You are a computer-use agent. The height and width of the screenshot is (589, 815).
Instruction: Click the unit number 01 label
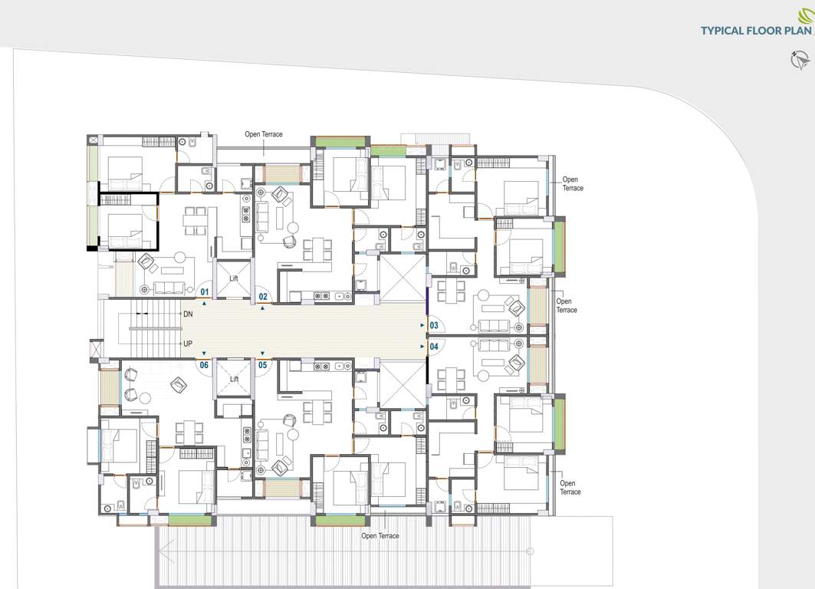[x=205, y=292]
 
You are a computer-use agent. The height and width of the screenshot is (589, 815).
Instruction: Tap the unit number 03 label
[x=434, y=326]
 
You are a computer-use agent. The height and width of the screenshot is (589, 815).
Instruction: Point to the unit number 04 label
[x=434, y=347]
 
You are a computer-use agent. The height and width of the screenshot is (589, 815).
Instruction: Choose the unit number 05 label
[x=262, y=365]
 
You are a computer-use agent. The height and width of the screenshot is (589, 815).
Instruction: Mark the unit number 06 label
[x=205, y=365]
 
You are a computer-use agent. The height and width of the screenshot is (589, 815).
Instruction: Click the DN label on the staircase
[x=187, y=314]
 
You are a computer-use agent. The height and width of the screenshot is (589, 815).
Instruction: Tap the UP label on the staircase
[x=187, y=344]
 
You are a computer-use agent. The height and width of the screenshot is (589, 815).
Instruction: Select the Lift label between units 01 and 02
[x=234, y=278]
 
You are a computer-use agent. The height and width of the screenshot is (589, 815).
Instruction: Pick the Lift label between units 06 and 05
[x=234, y=379]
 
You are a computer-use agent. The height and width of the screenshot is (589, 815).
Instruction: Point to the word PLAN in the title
[x=797, y=31]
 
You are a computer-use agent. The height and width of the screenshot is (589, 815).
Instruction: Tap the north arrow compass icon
[x=800, y=59]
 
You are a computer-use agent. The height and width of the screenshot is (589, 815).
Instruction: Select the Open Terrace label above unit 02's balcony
[x=264, y=134]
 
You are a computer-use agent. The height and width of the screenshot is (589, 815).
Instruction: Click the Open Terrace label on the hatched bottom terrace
[x=380, y=535]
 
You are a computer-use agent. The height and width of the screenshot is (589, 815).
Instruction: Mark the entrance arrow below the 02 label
[x=263, y=308]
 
